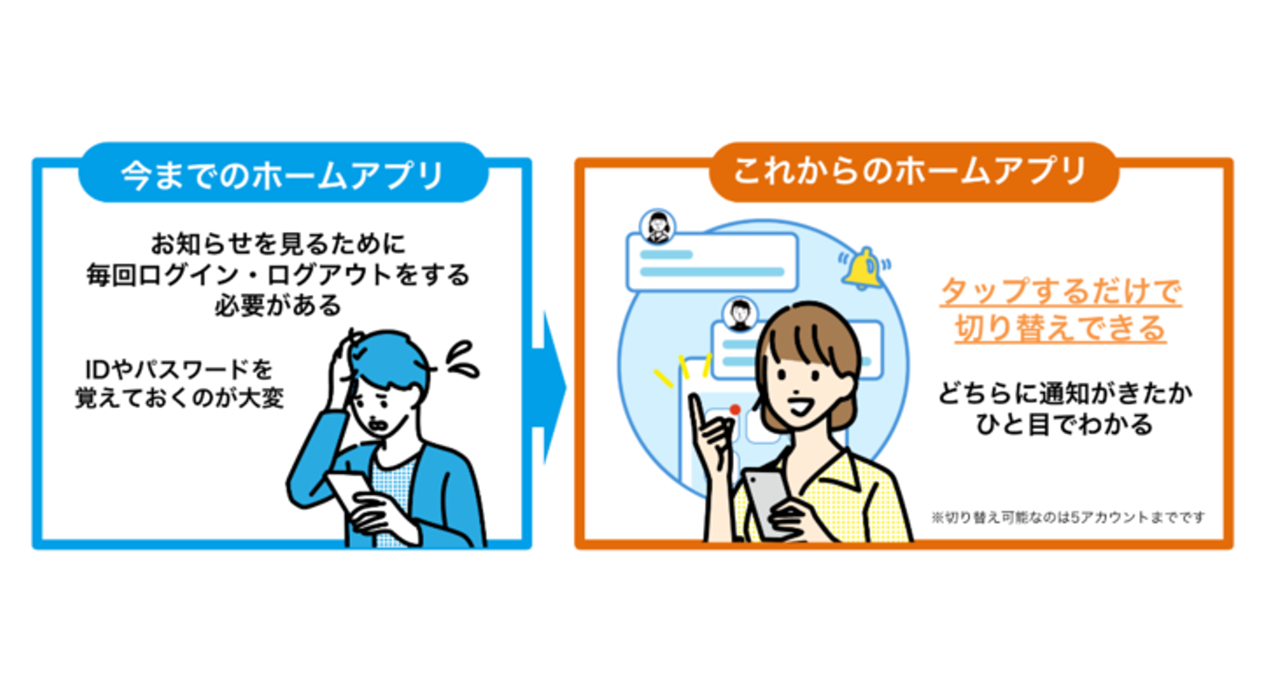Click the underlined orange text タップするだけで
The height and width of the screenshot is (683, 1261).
(x=1060, y=291)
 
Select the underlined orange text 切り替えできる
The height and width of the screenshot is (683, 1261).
(x=1060, y=329)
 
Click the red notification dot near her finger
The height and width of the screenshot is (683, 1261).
(x=735, y=409)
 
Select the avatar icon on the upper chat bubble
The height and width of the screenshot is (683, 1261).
(x=656, y=227)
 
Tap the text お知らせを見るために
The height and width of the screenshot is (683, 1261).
(x=276, y=243)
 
